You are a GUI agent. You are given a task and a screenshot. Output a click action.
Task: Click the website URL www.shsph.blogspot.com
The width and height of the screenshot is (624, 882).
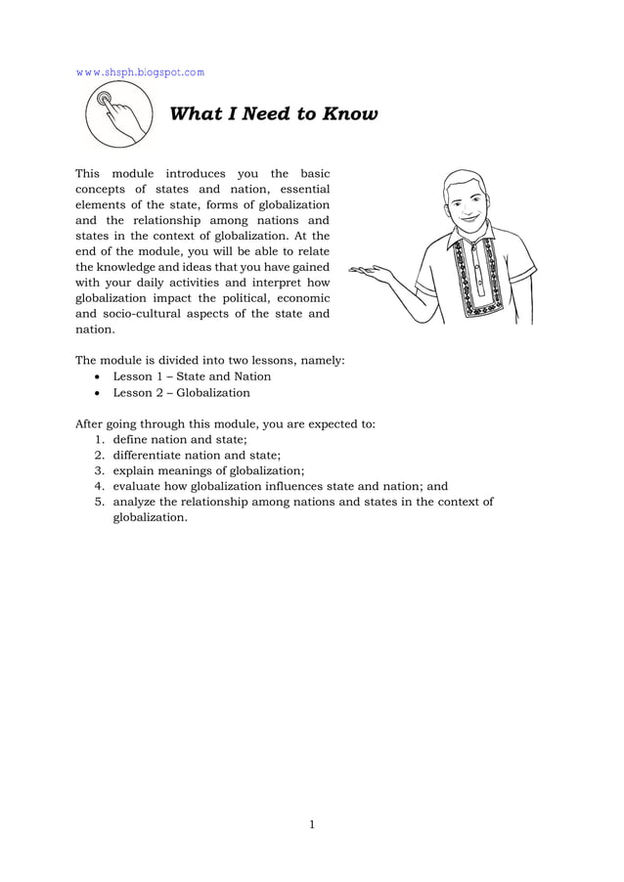click(140, 71)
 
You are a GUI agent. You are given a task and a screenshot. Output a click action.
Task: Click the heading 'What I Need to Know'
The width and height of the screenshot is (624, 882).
click(274, 114)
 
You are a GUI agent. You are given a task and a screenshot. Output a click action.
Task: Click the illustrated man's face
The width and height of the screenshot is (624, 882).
click(464, 201)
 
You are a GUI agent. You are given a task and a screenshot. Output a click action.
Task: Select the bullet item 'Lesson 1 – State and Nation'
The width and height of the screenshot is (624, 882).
click(192, 376)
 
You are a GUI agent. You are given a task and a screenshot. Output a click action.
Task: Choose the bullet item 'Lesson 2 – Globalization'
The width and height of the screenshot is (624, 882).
click(181, 393)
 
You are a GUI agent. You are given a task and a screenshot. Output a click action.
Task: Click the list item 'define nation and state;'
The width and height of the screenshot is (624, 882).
click(179, 440)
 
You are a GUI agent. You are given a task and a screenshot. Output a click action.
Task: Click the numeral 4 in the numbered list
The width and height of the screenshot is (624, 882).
click(99, 486)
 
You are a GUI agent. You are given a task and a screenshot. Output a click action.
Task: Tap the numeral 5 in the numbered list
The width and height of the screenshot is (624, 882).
click(99, 502)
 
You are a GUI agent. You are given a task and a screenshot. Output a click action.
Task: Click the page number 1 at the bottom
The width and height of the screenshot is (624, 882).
click(311, 824)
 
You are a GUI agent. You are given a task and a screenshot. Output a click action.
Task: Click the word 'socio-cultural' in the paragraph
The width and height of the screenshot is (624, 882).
click(145, 314)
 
